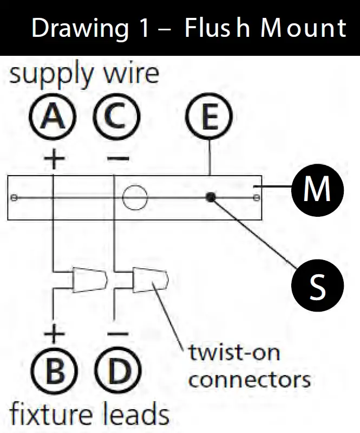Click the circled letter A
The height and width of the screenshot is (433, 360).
coord(53,117)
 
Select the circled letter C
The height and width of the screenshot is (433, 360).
coord(117,117)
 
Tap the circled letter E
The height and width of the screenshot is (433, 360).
coord(209,117)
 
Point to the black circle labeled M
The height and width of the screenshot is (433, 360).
coord(318,190)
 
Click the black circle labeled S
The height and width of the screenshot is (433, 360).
coord(318,285)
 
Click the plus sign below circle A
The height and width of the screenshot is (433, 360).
coord(54,158)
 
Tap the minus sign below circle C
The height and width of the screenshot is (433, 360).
coord(118,158)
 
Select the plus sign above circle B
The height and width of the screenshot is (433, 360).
coord(54,334)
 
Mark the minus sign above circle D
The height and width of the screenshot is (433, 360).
coord(118,334)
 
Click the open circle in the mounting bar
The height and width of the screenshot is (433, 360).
coord(135,198)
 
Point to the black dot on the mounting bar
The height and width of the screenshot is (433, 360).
coord(211,197)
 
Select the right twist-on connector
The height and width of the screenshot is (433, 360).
coord(150,280)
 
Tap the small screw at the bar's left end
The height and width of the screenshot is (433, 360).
coord(14,198)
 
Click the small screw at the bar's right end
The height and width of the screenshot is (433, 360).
coord(257,197)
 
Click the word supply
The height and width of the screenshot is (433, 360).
coord(51,74)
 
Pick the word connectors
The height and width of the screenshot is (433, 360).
coord(250,380)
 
